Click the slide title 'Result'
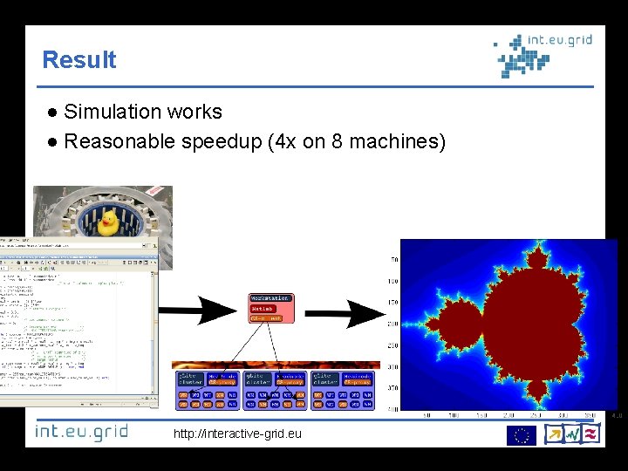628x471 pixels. point(78,60)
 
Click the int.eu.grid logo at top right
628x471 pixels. point(542,54)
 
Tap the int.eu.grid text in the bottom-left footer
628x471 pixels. point(81,432)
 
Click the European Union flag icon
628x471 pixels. point(522,434)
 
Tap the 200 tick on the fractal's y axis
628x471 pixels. point(393,324)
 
